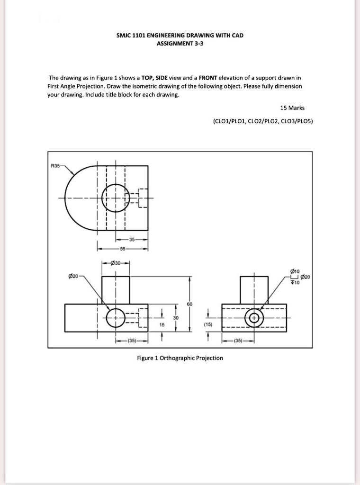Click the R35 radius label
[55, 166]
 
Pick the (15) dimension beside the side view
[207, 325]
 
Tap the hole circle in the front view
[116, 318]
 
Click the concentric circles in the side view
[254, 318]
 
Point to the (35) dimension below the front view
[132, 341]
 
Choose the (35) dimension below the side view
[238, 341]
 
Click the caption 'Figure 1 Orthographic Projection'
[180, 358]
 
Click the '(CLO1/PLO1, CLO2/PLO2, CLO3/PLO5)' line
[262, 121]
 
